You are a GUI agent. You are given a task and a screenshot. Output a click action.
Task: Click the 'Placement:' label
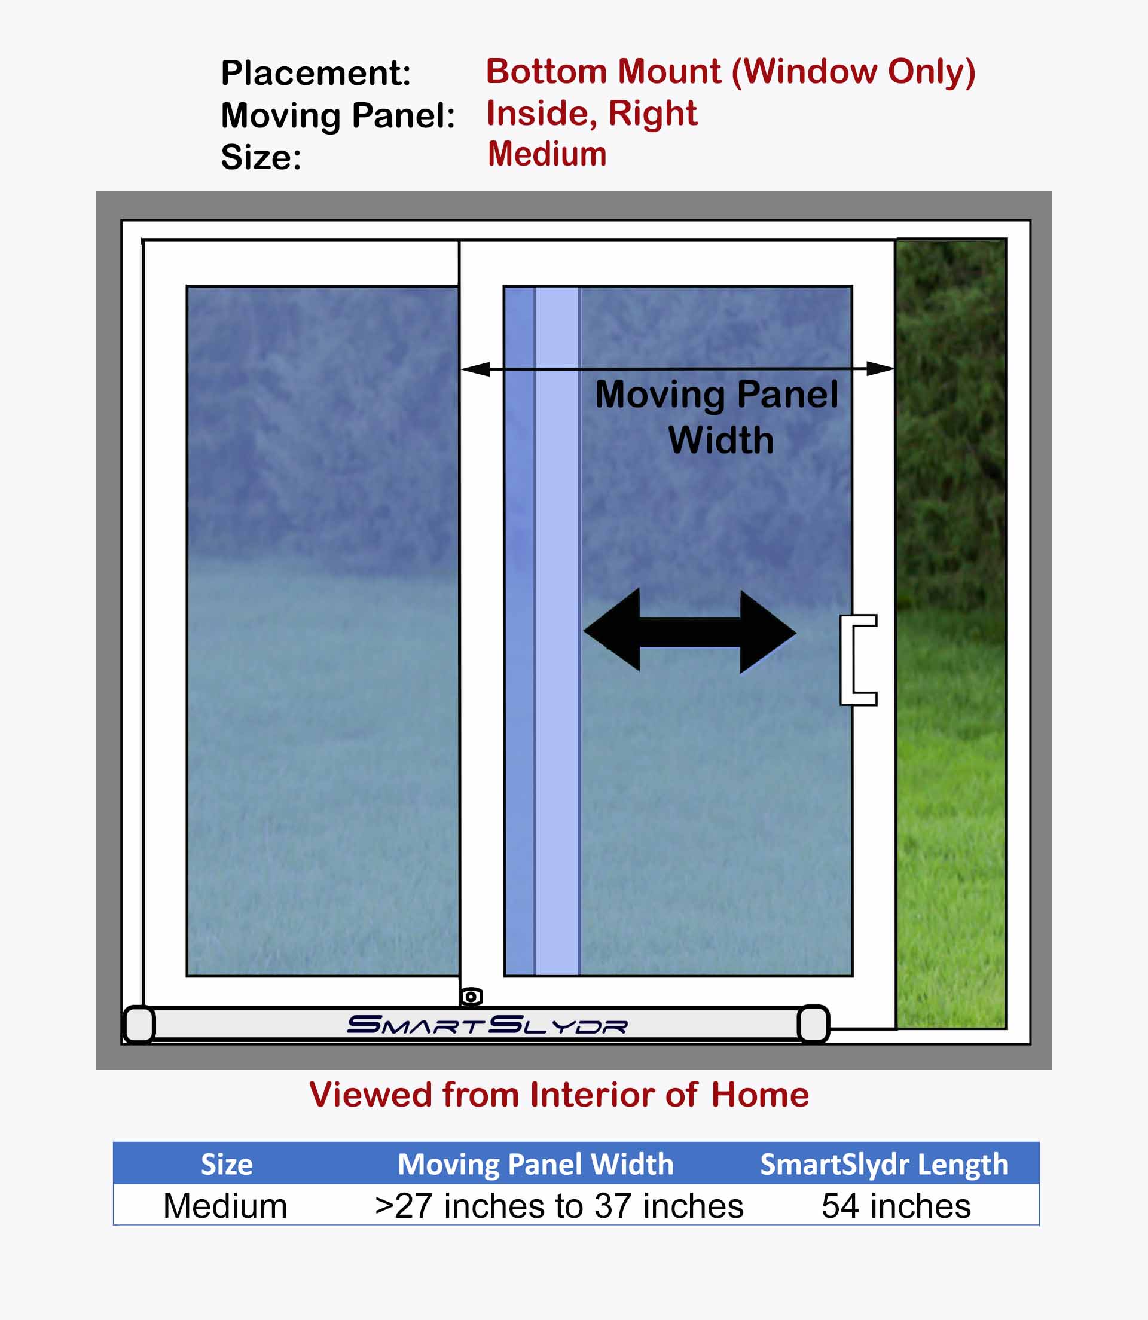316,72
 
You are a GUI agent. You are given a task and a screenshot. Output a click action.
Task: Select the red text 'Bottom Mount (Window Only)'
731,71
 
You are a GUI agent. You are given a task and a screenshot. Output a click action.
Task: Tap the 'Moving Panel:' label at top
338,116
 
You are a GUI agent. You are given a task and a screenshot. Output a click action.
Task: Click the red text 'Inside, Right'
592,114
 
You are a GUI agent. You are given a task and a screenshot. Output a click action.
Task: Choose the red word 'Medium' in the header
547,154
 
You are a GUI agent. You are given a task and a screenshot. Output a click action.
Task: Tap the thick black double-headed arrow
690,632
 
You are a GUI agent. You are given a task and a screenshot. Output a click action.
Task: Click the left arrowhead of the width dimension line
475,369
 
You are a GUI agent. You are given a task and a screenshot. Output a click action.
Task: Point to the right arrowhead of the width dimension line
880,369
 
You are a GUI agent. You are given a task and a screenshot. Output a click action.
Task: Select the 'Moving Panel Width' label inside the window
717,417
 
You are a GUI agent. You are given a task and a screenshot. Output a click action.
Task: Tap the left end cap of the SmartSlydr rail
139,1025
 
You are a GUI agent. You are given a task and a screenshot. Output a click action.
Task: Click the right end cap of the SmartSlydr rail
814,1024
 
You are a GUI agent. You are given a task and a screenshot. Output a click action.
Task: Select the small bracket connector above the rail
471,997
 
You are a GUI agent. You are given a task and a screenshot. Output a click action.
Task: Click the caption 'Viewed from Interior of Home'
559,1095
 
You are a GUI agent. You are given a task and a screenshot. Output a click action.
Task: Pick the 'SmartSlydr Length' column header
884,1165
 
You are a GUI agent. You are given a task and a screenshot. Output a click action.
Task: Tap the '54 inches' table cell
896,1206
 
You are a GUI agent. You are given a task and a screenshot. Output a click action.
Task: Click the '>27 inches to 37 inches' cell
559,1206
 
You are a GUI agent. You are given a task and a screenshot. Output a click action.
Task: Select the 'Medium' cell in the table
225,1206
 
